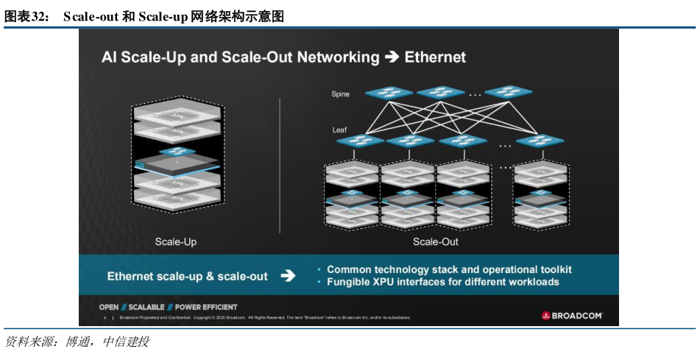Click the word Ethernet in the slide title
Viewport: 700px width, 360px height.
coord(435,57)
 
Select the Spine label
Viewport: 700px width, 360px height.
coord(340,94)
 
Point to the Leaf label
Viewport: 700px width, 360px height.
coord(339,130)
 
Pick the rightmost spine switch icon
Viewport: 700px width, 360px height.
coord(508,92)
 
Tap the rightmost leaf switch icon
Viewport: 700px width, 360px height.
coord(540,141)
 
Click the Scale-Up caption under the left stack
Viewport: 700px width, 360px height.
coord(175,241)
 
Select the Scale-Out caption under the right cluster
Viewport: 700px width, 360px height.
coord(435,241)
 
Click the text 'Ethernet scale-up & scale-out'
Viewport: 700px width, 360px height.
coord(187,276)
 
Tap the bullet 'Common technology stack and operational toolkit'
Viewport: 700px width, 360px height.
coord(449,269)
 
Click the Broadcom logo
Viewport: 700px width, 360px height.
coord(572,315)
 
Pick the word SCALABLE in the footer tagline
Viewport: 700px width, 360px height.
coord(146,307)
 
